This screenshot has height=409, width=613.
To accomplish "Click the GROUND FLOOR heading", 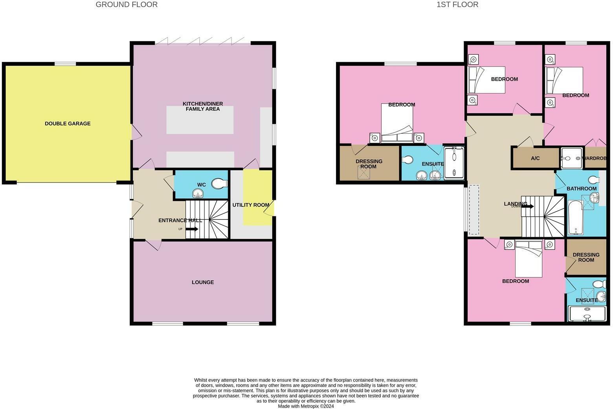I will point(127,5).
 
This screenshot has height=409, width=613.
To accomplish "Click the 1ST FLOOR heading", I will point(457,5).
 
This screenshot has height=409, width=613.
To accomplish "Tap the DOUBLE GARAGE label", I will point(68,123).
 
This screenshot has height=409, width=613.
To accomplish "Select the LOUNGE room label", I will point(203,282).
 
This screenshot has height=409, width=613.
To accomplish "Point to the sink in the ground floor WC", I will point(198,193).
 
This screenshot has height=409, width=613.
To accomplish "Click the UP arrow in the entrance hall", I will point(192,229).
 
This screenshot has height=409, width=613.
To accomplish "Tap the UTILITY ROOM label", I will point(251,205).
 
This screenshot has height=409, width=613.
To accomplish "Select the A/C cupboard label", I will point(535,158).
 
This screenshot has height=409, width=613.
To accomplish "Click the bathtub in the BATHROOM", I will point(576,217).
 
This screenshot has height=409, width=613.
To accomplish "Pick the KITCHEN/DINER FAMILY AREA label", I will point(203,106).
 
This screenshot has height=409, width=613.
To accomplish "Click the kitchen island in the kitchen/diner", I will point(200,120).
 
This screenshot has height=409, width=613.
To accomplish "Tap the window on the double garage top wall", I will point(65,64).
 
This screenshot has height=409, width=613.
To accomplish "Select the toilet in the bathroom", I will point(595,180).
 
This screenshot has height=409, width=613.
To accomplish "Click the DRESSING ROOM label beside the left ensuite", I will point(369,164).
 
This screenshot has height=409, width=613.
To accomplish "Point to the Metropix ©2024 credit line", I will point(306,406).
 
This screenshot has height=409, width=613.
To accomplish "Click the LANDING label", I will point(516,204).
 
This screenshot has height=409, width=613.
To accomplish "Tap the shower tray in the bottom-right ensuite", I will point(587,314).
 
